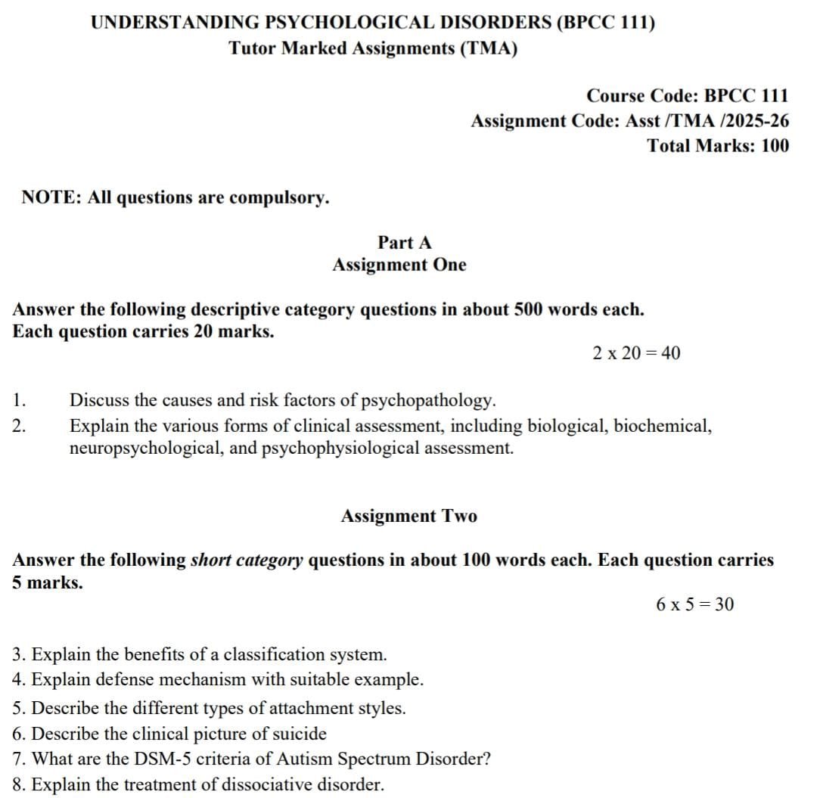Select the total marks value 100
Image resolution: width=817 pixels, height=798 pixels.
[774, 145]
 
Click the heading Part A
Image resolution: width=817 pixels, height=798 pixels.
[405, 242]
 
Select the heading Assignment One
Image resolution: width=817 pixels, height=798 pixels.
[399, 265]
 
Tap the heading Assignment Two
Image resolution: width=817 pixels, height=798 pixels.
[408, 516]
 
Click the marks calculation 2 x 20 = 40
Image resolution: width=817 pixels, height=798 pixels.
[636, 352]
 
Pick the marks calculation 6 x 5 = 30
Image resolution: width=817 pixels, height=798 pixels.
[694, 604]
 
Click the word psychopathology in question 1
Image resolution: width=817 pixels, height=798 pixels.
[428, 400]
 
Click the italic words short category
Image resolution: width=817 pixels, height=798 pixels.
[247, 560]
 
